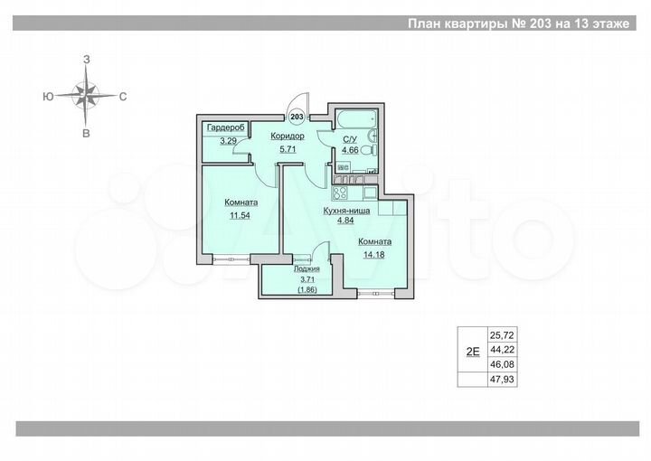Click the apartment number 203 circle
(297, 116)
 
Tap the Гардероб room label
(222, 128)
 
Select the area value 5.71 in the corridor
(288, 149)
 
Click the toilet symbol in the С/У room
(368, 150)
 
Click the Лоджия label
(306, 268)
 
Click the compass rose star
(87, 94)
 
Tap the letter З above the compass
(87, 59)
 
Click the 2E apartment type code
(472, 352)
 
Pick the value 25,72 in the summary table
(500, 333)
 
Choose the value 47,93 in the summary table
(500, 379)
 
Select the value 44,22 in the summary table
(500, 348)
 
